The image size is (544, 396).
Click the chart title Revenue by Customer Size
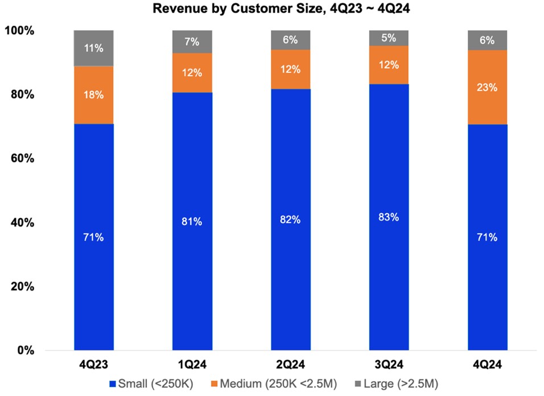pyautogui.click(x=272, y=9)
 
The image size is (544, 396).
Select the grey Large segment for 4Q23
pyautogui.click(x=94, y=48)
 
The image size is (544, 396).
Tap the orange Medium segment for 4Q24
pyautogui.click(x=488, y=87)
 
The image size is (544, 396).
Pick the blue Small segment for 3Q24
pyautogui.click(x=389, y=217)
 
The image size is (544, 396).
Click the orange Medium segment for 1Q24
pyautogui.click(x=192, y=73)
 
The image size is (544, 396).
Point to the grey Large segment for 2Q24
pyautogui.click(x=290, y=40)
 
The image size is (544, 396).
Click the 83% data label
pyautogui.click(x=389, y=217)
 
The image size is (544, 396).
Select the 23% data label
pyautogui.click(x=488, y=88)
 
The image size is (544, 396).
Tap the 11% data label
pyautogui.click(x=94, y=48)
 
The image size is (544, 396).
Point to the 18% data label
pyautogui.click(x=94, y=95)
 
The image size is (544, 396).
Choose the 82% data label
pyautogui.click(x=290, y=219)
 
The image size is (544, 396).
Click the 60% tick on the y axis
pyautogui.click(x=22, y=158)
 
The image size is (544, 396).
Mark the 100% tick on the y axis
pyautogui.click(x=20, y=31)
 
